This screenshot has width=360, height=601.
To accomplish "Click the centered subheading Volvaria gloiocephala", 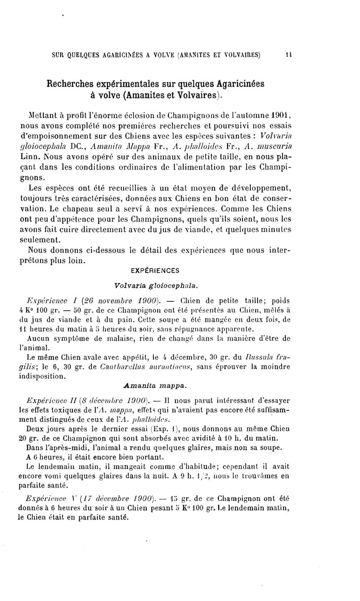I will pos(157,285).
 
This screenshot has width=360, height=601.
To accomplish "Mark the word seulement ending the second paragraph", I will pos(45,240).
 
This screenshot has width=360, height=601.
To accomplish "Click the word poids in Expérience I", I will pos(279,301).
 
